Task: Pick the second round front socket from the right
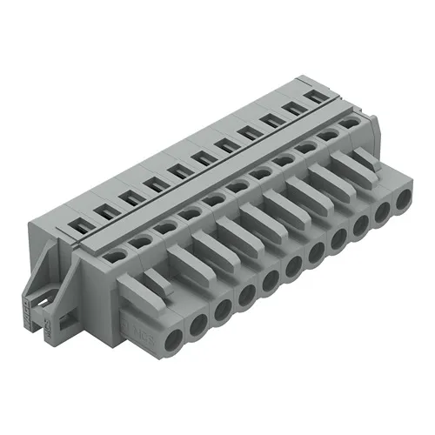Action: point(383,211)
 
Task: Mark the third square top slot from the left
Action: point(126,195)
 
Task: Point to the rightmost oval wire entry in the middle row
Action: point(349,124)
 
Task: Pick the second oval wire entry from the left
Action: point(140,241)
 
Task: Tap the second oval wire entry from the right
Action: point(328,136)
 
